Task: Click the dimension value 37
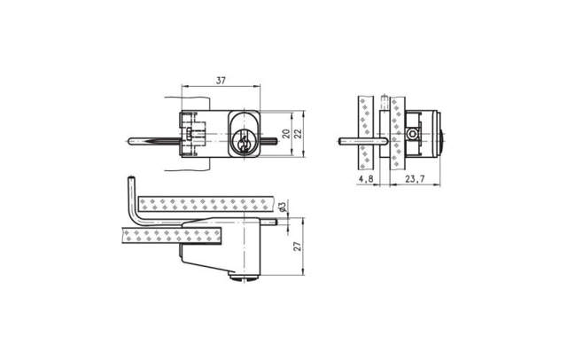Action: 221,81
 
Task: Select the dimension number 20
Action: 285,134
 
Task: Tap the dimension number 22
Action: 298,134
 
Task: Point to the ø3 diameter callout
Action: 282,207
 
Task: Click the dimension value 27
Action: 298,246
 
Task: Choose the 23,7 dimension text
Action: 415,179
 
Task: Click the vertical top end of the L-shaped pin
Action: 130,180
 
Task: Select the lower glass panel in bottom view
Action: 168,235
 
